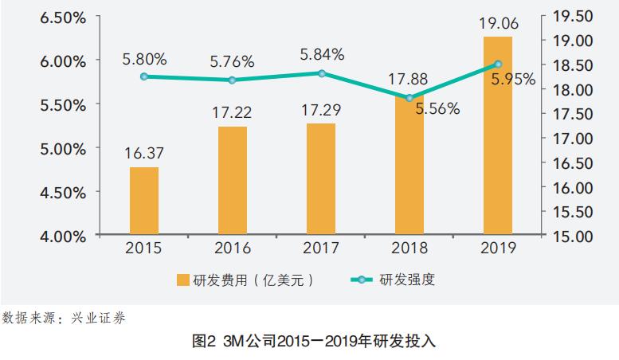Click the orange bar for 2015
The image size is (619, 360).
pyautogui.click(x=144, y=202)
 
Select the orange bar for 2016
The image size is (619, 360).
pyautogui.click(x=233, y=181)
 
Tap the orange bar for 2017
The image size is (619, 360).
pyautogui.click(x=321, y=179)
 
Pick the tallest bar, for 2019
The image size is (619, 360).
pyautogui.click(x=498, y=136)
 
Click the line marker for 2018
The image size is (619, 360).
pyautogui.click(x=409, y=98)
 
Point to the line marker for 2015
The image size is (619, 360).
pyautogui.click(x=144, y=76)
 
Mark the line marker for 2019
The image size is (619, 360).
pyautogui.click(x=498, y=64)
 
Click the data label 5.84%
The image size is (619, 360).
pyautogui.click(x=322, y=54)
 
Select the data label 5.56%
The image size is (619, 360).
pyautogui.click(x=437, y=109)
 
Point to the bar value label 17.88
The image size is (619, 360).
pyautogui.click(x=409, y=77)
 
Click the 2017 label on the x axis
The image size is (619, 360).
pyautogui.click(x=321, y=248)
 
